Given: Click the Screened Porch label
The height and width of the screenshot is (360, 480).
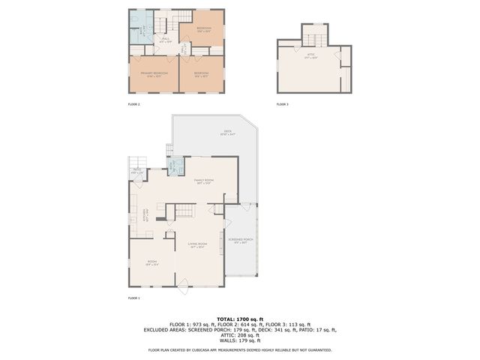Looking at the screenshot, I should pyautogui.click(x=241, y=241).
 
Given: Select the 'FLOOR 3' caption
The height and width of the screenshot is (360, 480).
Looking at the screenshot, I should pyautogui.click(x=282, y=104).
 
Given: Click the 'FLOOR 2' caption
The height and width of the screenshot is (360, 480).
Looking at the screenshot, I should pyautogui.click(x=134, y=104).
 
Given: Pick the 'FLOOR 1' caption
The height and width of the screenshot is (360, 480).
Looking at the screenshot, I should pyautogui.click(x=134, y=298).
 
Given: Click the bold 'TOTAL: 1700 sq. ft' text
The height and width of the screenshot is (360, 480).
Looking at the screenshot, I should pyautogui.click(x=240, y=319).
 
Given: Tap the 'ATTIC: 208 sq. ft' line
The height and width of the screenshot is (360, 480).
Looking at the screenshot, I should pyautogui.click(x=240, y=335).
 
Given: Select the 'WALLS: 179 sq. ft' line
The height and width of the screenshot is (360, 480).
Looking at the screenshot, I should pyautogui.click(x=240, y=340).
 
